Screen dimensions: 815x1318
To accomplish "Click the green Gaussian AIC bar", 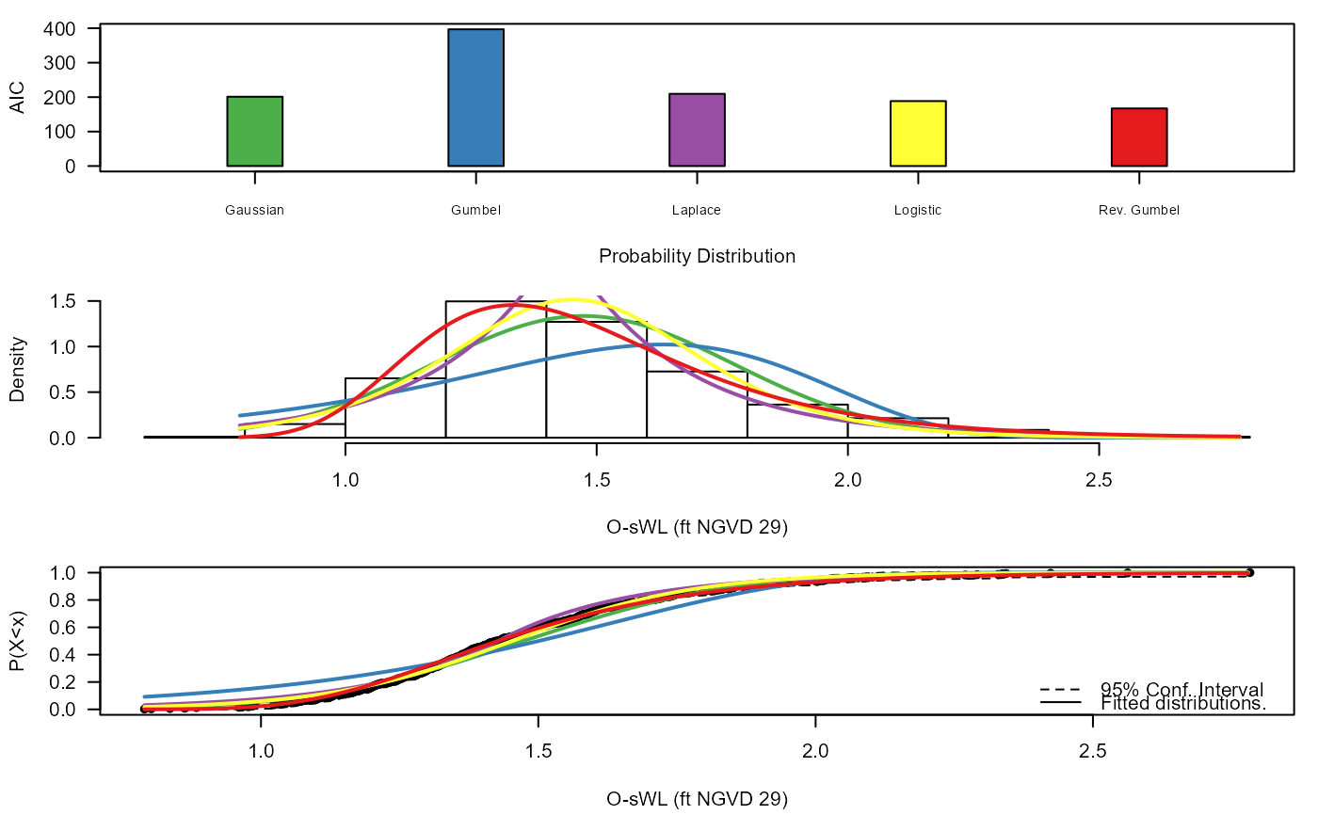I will (254, 132).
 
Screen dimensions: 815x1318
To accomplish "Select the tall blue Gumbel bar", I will (475, 98).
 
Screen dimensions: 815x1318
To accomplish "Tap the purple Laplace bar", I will (697, 130).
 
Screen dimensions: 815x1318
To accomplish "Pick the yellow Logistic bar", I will (918, 134).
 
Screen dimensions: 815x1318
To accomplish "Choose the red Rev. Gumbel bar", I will (1139, 137).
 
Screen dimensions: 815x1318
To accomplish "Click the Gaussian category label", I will (254, 211).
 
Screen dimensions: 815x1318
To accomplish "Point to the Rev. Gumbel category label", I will (1139, 211).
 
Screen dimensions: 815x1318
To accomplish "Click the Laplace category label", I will (697, 211).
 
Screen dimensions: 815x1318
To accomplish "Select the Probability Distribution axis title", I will (697, 256).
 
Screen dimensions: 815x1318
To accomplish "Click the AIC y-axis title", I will (17, 98).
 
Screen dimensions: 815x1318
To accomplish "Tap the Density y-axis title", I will (17, 370).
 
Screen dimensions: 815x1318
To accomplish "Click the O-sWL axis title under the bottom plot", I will (697, 799).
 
